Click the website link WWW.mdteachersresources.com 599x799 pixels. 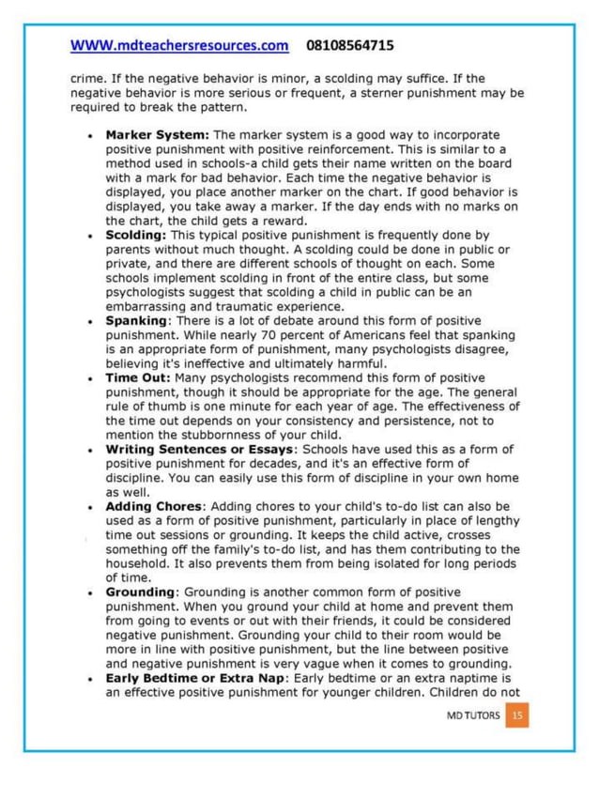point(179,45)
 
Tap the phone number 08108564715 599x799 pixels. point(349,45)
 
